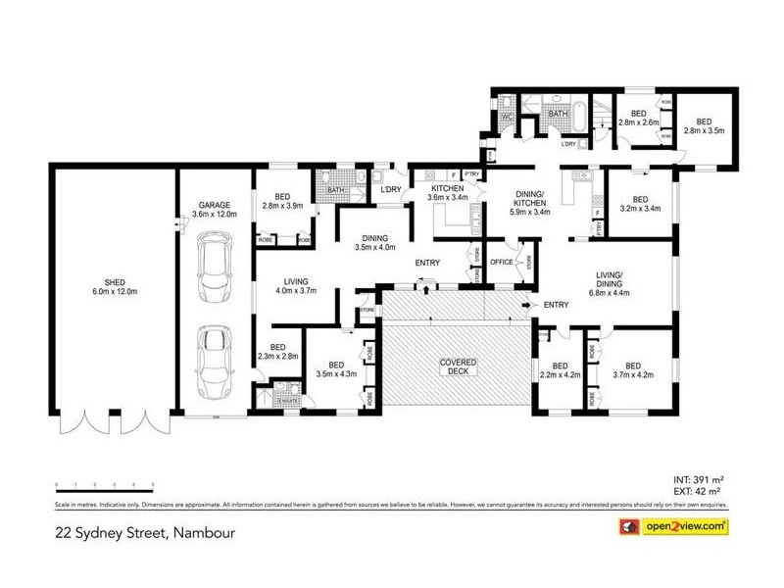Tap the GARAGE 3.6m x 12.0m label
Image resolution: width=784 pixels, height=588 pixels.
pyautogui.click(x=214, y=209)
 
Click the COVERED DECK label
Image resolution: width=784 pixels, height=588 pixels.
pyautogui.click(x=456, y=369)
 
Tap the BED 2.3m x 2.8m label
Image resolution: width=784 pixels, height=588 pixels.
pyautogui.click(x=278, y=352)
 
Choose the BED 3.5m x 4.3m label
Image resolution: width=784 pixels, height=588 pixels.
pyautogui.click(x=336, y=369)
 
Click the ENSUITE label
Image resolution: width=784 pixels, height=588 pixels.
pyautogui.click(x=287, y=402)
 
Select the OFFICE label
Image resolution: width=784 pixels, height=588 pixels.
pyautogui.click(x=503, y=262)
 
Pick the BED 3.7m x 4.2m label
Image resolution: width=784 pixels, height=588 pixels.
pyautogui.click(x=632, y=369)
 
